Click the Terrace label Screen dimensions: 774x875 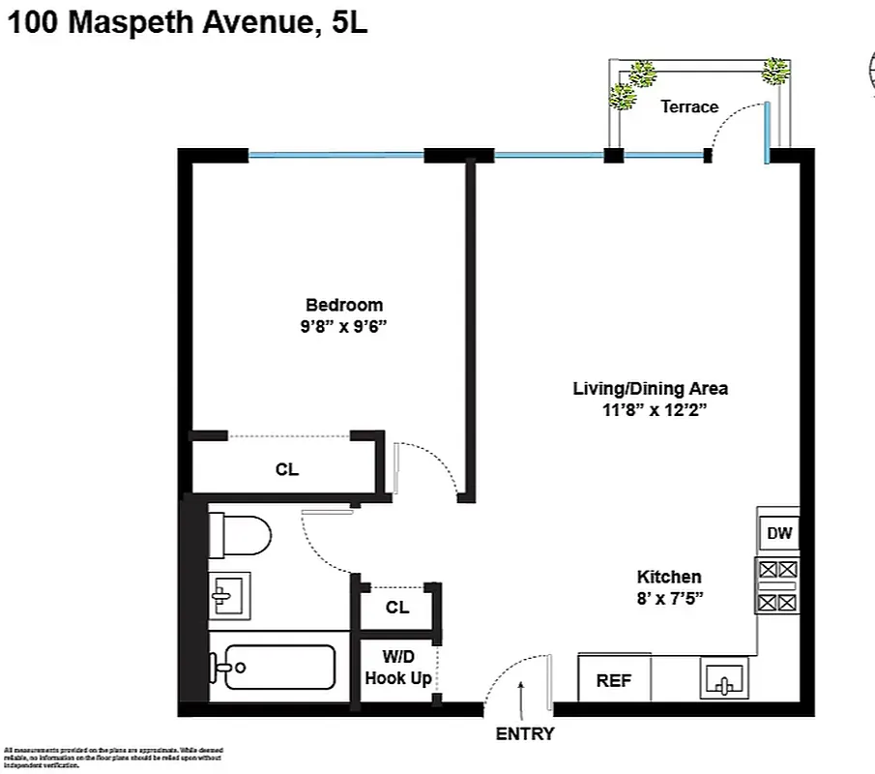(x=689, y=106)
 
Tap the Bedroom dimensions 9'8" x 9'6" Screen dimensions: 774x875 (x=344, y=326)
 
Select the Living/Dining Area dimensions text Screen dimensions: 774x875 (x=650, y=410)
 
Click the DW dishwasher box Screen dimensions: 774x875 (x=778, y=533)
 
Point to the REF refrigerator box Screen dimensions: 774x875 (x=614, y=680)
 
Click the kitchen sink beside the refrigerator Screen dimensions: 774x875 (x=725, y=680)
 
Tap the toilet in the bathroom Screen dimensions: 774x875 (x=242, y=535)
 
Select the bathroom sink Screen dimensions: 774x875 (x=230, y=595)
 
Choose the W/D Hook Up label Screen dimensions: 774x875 (x=397, y=669)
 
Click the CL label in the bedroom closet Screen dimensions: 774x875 (x=287, y=470)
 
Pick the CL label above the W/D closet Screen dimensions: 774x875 (x=397, y=608)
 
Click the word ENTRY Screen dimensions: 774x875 (x=525, y=734)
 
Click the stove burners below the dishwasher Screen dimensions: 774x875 (x=778, y=586)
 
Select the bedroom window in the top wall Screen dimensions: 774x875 (x=335, y=155)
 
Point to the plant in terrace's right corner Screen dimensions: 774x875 (x=774, y=70)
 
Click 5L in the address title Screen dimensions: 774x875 (x=349, y=24)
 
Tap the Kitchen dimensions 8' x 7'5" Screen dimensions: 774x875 (x=669, y=598)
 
